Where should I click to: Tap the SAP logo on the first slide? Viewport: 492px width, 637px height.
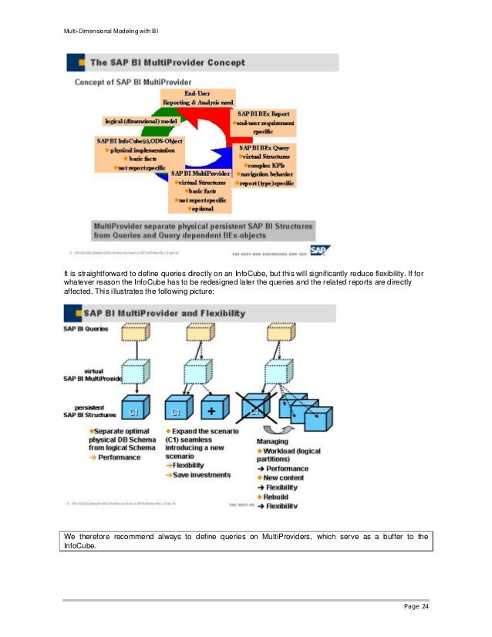pos(320,249)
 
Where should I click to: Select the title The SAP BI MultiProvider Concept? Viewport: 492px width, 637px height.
pos(168,62)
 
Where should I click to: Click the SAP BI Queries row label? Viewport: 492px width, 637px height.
pos(86,329)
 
